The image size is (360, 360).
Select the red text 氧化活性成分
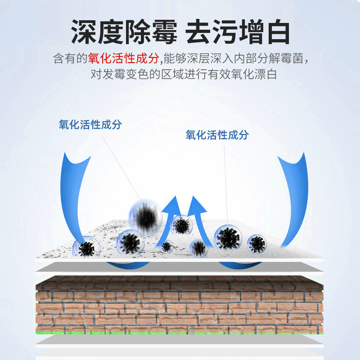pos(123,58)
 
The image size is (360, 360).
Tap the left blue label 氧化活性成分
pos(90,125)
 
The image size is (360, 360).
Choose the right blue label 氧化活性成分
pos(217,135)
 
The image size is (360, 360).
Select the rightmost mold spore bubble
pos(256,243)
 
